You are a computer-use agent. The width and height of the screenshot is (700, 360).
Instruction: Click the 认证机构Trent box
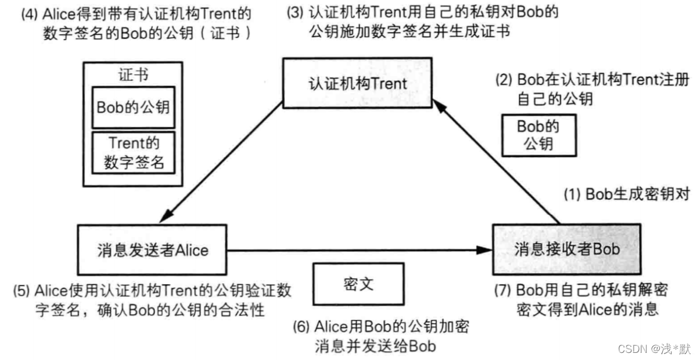tap(358, 83)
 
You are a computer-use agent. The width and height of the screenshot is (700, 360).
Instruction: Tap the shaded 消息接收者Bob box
tap(567, 249)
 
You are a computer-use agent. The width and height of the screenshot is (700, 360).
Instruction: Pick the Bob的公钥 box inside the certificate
tap(133, 108)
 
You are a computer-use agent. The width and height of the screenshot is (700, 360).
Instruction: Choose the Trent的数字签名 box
tap(133, 152)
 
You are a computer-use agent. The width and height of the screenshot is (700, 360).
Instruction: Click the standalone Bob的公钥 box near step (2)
tap(539, 135)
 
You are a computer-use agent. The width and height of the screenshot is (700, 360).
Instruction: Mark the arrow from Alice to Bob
tap(355, 250)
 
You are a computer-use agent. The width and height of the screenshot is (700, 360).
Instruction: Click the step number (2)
tap(504, 80)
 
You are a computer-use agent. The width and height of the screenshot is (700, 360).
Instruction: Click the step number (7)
tap(503, 291)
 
